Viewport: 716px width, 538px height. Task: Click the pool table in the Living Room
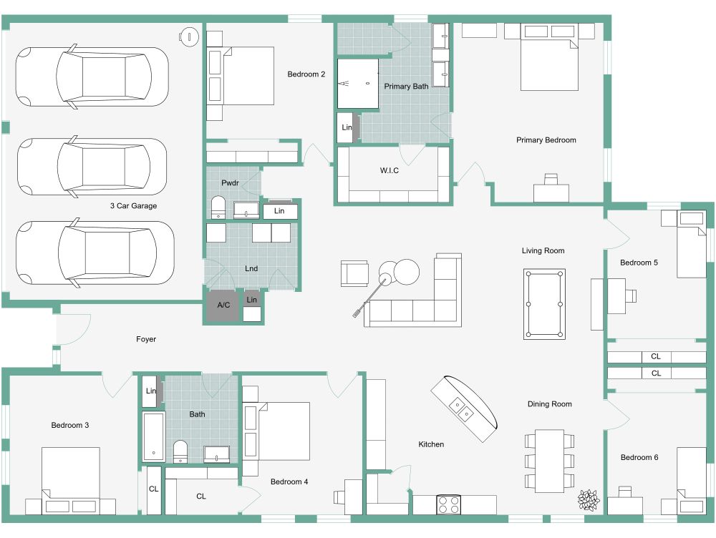[544, 303]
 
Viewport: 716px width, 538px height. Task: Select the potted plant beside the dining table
[589, 500]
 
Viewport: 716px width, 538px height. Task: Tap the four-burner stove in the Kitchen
[448, 504]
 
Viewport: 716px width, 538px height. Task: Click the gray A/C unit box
[223, 305]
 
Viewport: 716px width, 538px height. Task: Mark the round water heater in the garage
[188, 36]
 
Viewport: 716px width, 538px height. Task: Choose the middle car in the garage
[91, 166]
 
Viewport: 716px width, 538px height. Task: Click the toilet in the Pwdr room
[218, 207]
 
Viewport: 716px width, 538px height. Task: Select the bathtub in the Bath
[152, 436]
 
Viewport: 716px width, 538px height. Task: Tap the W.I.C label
[390, 170]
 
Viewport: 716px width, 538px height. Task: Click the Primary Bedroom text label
[546, 140]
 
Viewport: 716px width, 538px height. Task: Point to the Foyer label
[146, 339]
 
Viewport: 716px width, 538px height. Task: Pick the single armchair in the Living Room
[354, 273]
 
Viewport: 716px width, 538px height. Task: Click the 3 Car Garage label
[133, 206]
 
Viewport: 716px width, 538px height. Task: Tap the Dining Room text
[549, 404]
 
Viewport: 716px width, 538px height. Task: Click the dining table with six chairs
[550, 460]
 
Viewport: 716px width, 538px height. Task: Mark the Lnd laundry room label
[251, 269]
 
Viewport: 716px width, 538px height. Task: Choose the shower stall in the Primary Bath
[357, 84]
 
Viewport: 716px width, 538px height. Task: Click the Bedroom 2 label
[306, 74]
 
